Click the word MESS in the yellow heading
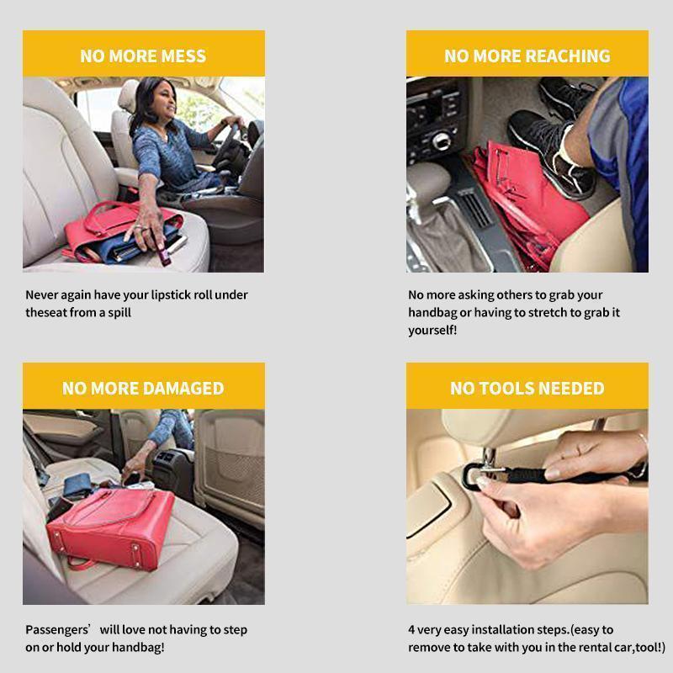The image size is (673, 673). pos(181,56)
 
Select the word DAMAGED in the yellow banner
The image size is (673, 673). pos(183,389)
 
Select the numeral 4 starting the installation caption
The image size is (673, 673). pos(412,630)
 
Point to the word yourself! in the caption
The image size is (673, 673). pos(432,331)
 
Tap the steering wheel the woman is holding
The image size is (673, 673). pos(228,143)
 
